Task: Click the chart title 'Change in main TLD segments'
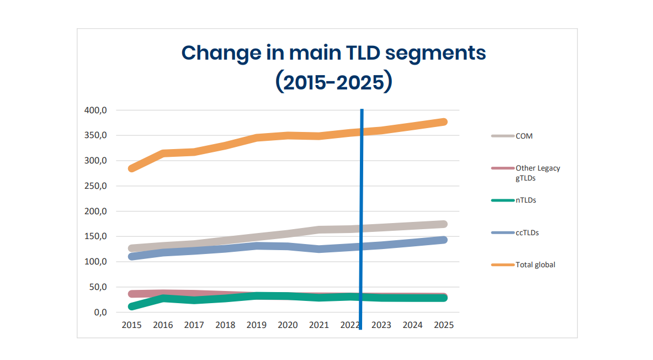[333, 53]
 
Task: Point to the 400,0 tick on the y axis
[95, 110]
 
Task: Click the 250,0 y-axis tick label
[95, 186]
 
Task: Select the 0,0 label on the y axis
[99, 313]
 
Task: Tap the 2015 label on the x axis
[131, 325]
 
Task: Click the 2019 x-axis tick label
[256, 325]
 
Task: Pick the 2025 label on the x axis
[443, 325]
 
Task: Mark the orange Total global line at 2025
[443, 122]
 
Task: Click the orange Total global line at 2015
[132, 168]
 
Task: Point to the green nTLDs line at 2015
[132, 306]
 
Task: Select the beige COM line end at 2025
[443, 224]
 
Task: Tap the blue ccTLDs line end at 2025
[443, 240]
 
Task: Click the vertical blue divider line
[361, 221]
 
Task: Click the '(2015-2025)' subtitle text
[333, 82]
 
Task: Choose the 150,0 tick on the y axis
[95, 237]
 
